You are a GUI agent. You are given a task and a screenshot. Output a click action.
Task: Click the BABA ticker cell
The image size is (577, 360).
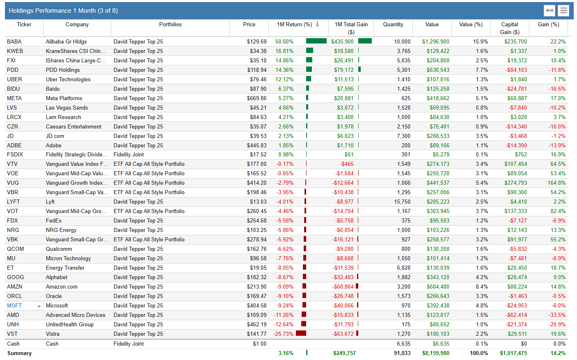[x=14, y=41]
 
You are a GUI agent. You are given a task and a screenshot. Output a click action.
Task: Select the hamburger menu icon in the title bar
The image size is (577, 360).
[x=563, y=11]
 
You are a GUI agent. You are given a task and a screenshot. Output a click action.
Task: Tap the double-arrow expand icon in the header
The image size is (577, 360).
[x=550, y=11]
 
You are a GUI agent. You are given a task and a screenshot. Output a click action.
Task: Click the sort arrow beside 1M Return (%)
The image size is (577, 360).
[x=317, y=24]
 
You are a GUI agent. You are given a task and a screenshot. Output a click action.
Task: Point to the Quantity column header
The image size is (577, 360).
[x=393, y=25]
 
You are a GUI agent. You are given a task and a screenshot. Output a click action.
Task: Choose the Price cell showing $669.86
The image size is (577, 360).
[x=256, y=98]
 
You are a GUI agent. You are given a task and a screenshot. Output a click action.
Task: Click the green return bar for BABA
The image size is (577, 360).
[x=316, y=41]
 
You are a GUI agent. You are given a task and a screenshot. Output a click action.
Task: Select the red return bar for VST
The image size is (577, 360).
[x=301, y=333]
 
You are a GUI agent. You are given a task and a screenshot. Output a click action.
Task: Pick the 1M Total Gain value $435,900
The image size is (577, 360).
[x=342, y=41]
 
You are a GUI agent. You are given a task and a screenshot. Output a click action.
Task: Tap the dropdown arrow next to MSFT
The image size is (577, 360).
[x=39, y=306]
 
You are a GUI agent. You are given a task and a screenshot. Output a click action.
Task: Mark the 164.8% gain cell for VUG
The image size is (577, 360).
[x=556, y=183]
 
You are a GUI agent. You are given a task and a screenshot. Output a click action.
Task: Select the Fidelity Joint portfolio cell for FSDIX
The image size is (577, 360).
[x=129, y=154]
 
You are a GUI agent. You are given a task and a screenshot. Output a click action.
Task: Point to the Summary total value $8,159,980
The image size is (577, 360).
[x=435, y=353]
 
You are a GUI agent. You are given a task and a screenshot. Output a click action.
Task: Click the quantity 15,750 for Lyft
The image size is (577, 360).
[x=402, y=202]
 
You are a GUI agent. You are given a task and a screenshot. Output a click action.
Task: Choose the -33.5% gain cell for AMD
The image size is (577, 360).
[x=557, y=315]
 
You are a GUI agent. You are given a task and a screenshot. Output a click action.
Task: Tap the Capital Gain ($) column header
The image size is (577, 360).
[x=509, y=28]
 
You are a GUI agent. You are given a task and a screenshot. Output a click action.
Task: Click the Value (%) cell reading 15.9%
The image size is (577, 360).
[x=480, y=41]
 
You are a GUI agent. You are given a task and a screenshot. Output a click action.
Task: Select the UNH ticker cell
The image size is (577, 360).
[x=13, y=324]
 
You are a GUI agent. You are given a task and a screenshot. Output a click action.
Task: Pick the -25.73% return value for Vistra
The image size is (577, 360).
[x=283, y=334]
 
